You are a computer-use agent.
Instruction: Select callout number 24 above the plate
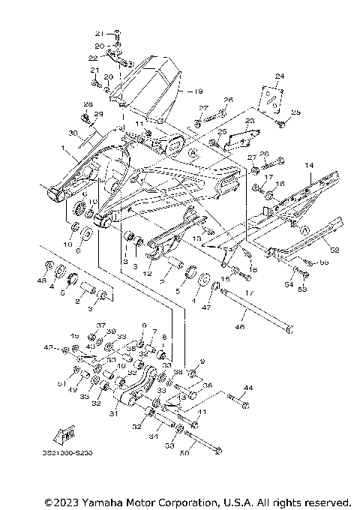[x=280, y=76]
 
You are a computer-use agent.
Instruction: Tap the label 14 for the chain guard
[x=307, y=164]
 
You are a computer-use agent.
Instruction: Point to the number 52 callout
[x=334, y=250]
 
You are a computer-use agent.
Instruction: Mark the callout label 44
[x=248, y=388]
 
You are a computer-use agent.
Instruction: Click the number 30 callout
[x=72, y=133]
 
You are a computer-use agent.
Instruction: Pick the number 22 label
[x=92, y=58]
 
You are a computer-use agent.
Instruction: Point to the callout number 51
[x=61, y=382]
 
